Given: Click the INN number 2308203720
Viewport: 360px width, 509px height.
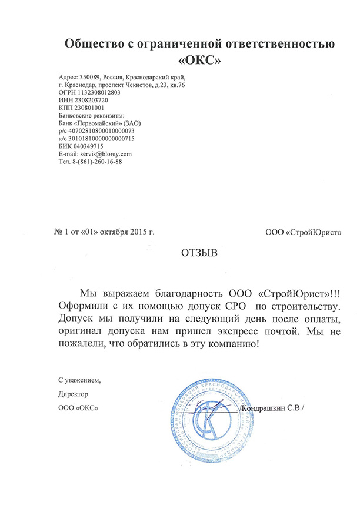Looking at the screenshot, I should point(91,100).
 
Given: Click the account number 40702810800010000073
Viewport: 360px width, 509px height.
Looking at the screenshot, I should point(102,130).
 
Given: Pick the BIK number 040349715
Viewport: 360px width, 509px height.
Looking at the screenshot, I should point(90,146).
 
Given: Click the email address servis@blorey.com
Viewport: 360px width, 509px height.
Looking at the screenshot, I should point(105,153).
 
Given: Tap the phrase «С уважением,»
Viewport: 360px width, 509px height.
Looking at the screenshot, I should point(79,380).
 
